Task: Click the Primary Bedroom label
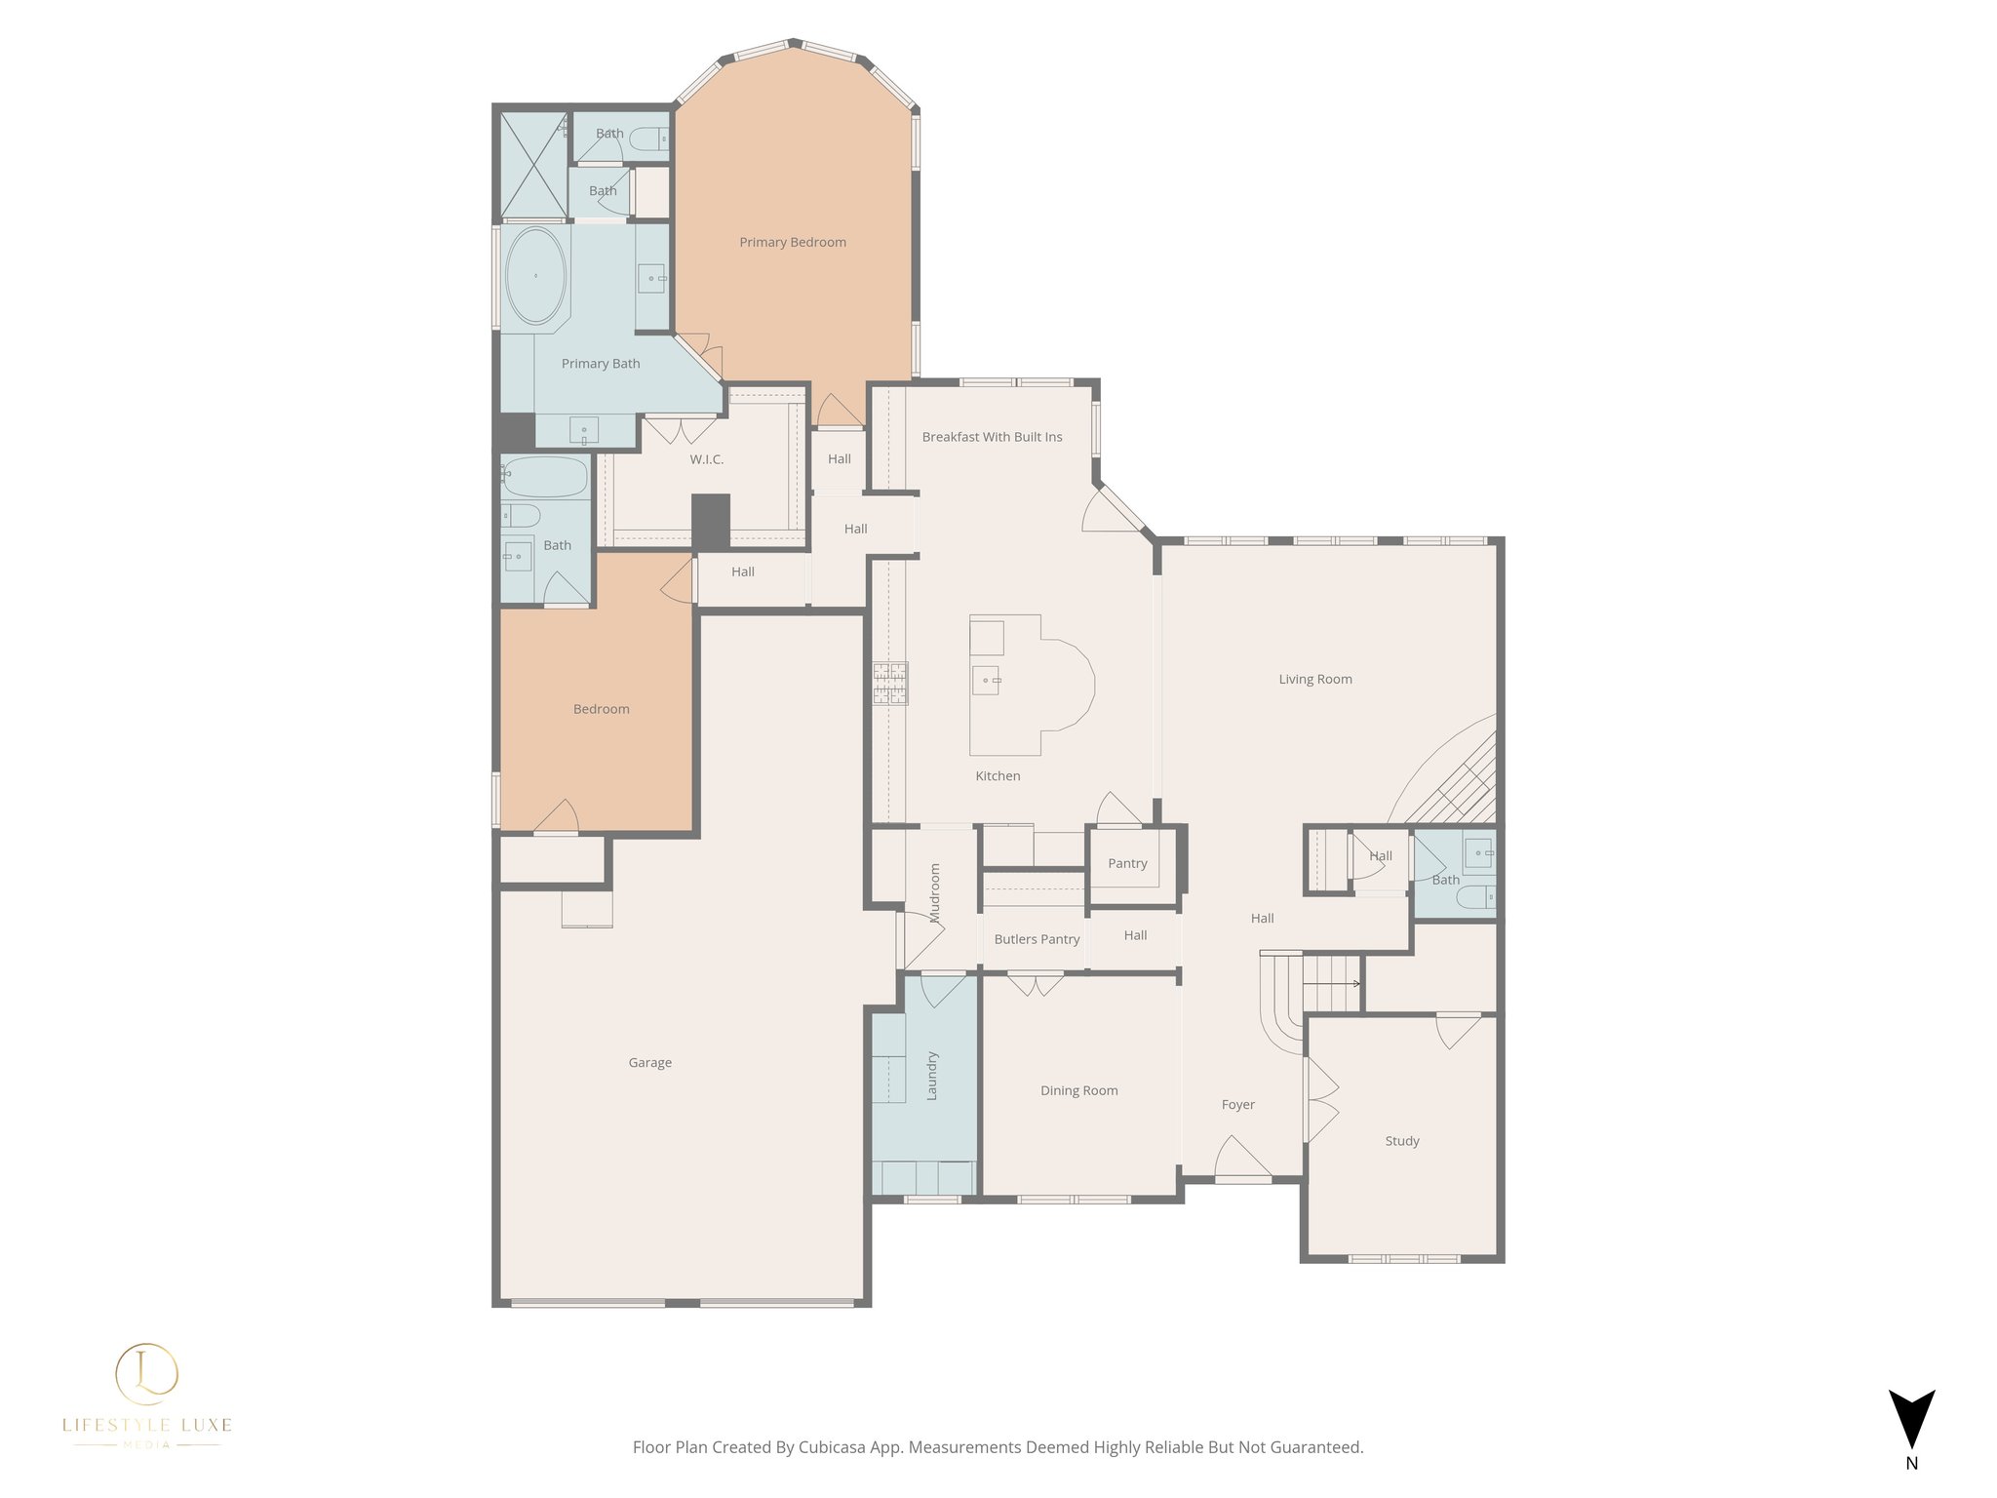pyautogui.click(x=792, y=242)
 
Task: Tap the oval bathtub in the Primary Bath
pyautogui.click(x=535, y=276)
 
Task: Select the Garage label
pyautogui.click(x=649, y=1062)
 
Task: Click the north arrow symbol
pyautogui.click(x=1911, y=1419)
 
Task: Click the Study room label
pyautogui.click(x=1401, y=1140)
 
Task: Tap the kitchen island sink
pyautogui.click(x=986, y=679)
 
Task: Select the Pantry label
pyautogui.click(x=1127, y=863)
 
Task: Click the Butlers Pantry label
pyautogui.click(x=1037, y=939)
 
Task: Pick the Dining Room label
pyautogui.click(x=1078, y=1090)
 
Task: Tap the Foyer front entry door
pyautogui.click(x=1242, y=1161)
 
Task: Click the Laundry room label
pyautogui.click(x=931, y=1076)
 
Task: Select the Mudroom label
pyautogui.click(x=935, y=892)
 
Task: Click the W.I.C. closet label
pyautogui.click(x=706, y=459)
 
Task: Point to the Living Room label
pyautogui.click(x=1314, y=679)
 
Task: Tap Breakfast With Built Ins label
pyautogui.click(x=992, y=437)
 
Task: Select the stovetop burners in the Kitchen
pyautogui.click(x=889, y=683)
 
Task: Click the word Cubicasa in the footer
pyautogui.click(x=833, y=1447)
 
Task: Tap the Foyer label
pyautogui.click(x=1237, y=1104)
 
